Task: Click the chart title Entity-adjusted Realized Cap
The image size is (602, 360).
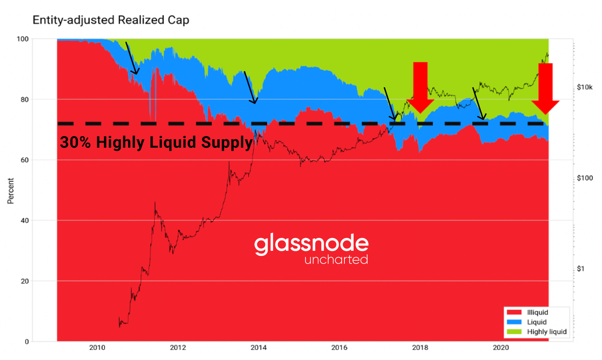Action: (111, 20)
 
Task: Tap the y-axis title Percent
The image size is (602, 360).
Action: (11, 191)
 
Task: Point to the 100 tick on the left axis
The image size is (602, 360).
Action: (23, 39)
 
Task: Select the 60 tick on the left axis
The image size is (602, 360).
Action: (25, 160)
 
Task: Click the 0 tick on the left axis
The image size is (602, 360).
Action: (27, 341)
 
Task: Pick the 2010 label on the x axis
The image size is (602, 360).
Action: (97, 348)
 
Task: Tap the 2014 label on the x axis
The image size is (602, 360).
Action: (258, 348)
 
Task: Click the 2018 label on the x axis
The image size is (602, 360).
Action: (420, 348)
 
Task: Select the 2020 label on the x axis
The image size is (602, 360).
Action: (501, 348)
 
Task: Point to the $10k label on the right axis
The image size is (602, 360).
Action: (585, 87)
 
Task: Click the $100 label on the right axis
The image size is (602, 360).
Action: (585, 178)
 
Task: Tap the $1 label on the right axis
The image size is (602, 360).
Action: (581, 269)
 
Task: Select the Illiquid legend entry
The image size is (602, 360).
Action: (537, 312)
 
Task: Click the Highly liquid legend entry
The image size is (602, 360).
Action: (547, 331)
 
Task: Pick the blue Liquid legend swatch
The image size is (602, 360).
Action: (514, 322)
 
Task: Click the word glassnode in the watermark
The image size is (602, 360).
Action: (311, 244)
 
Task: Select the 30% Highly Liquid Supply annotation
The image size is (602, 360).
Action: (156, 142)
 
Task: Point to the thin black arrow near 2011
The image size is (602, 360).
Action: (132, 58)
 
